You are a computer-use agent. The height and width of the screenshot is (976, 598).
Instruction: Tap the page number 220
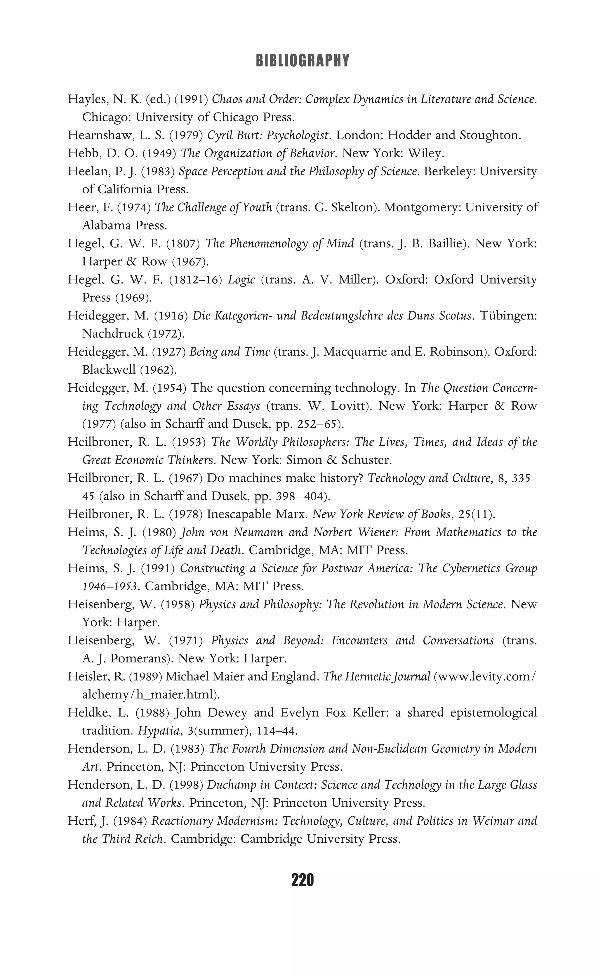[302, 880]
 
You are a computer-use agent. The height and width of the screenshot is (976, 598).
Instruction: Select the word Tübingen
[508, 316]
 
